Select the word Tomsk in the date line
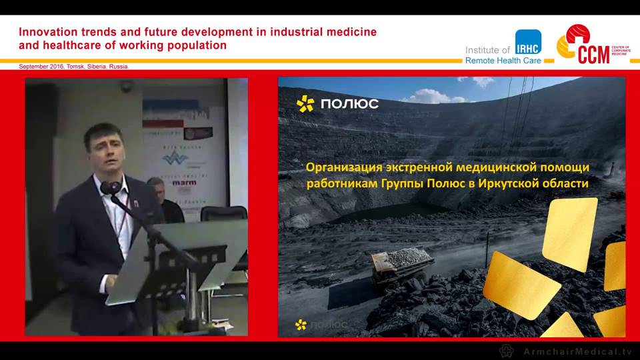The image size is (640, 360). [x=76, y=67]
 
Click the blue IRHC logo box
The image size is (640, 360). [x=527, y=43]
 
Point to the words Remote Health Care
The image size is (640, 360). [x=503, y=61]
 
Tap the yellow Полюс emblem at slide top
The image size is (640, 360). [x=305, y=103]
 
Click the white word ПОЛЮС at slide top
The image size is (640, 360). [x=349, y=103]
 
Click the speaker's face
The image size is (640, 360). [x=105, y=151]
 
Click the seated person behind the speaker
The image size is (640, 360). [x=160, y=200]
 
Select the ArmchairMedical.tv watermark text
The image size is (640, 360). [x=576, y=351]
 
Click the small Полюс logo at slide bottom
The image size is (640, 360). [x=320, y=325]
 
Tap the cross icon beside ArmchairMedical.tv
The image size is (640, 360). [x=507, y=351]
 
